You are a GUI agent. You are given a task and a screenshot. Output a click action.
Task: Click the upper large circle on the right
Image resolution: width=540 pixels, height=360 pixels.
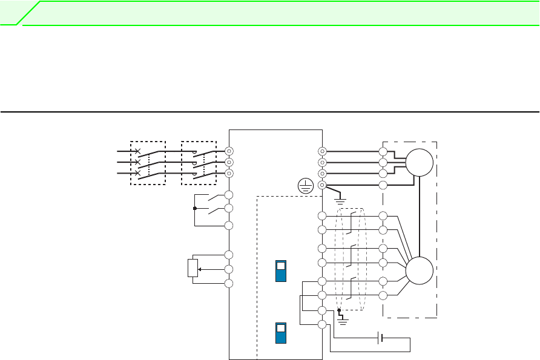click(x=420, y=162)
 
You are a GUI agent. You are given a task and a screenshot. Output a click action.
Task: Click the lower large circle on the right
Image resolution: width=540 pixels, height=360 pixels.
click(x=420, y=270)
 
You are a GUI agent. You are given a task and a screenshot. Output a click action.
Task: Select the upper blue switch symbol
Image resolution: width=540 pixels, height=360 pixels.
click(x=281, y=272)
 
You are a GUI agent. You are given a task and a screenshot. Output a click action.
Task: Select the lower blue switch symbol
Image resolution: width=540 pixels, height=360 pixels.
click(x=281, y=333)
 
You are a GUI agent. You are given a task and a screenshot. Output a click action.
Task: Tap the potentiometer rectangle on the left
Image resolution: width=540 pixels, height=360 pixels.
click(x=193, y=268)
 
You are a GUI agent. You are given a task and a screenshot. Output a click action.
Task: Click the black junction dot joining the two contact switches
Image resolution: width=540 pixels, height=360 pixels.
click(x=194, y=209)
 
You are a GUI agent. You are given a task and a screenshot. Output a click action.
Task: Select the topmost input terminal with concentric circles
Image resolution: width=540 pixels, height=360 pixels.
click(x=229, y=151)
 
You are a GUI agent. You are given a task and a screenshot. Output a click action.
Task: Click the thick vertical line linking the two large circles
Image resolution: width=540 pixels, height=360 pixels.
click(x=420, y=216)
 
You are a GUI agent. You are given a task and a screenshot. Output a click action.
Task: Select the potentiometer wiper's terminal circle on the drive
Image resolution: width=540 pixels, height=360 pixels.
click(x=229, y=269)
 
